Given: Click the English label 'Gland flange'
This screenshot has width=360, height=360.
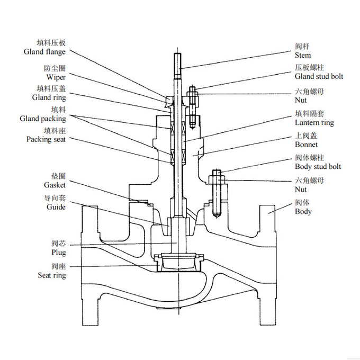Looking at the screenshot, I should [x=44, y=52].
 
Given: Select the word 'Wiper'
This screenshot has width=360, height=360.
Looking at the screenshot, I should [x=56, y=77].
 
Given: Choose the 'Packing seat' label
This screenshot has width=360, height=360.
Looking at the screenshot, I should [x=46, y=139].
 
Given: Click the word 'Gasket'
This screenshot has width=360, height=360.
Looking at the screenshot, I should [x=55, y=185].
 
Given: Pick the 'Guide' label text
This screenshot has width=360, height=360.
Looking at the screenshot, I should [x=56, y=207].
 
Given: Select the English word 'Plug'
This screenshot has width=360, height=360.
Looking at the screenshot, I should [x=59, y=253].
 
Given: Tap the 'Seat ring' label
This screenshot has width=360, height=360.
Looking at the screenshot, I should [x=52, y=275].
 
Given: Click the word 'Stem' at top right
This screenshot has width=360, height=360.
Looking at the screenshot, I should [x=303, y=55].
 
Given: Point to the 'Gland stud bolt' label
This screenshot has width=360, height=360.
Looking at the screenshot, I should [x=319, y=76].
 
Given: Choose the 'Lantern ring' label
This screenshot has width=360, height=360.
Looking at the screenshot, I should [x=314, y=123].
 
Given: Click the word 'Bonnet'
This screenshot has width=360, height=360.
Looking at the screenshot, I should [x=307, y=145].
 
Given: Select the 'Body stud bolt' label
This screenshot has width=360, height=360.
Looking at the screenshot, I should [x=318, y=167].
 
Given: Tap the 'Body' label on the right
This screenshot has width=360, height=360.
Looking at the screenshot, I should [x=303, y=212].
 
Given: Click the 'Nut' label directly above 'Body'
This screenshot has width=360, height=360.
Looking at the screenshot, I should [x=301, y=189].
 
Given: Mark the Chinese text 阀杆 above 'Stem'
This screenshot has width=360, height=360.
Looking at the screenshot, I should [x=302, y=46].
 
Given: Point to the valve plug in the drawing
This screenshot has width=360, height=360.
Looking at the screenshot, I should [x=180, y=262].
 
